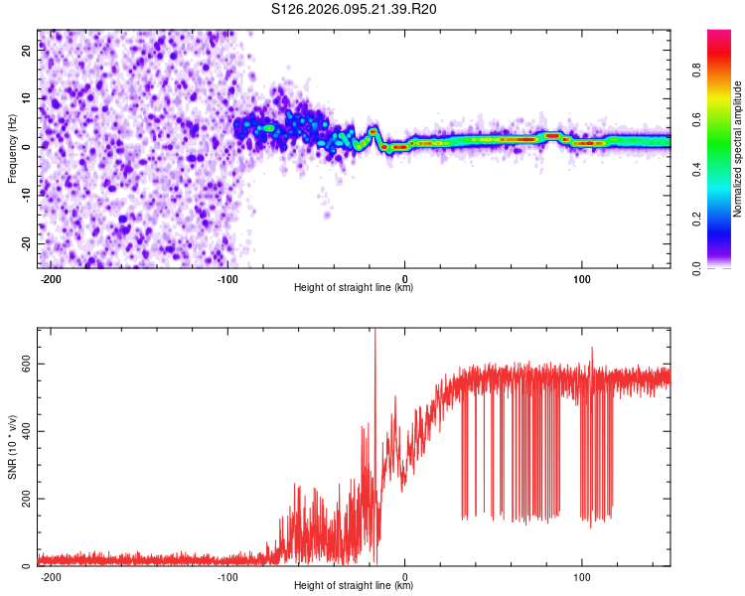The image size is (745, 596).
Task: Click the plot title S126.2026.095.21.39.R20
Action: (x=355, y=10)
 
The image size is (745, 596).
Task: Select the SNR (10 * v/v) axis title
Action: (x=12, y=448)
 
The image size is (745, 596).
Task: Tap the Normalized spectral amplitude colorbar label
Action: (x=738, y=150)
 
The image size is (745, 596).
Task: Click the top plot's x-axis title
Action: (x=354, y=287)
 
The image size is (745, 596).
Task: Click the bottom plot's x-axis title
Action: (x=354, y=585)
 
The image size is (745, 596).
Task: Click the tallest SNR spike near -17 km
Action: (x=374, y=334)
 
